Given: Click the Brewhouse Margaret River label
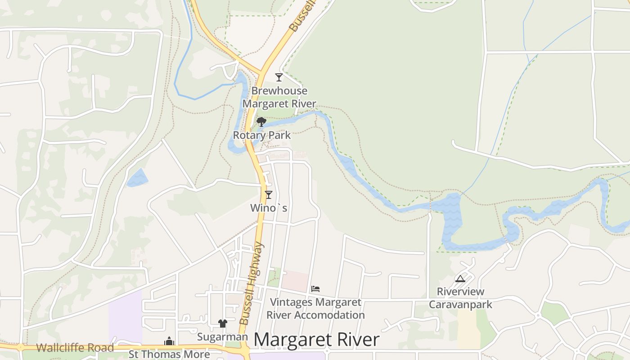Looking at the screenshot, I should coord(279,97).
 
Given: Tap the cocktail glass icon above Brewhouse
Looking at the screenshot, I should coord(279,77).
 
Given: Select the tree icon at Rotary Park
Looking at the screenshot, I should coord(261,121).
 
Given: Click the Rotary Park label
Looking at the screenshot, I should coord(261,135).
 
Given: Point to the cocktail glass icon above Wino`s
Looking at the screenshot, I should coord(269,194).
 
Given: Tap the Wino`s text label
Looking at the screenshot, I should coord(269,208).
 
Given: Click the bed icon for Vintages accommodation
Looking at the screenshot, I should coord(315,288).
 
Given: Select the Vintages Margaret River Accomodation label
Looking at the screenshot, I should coord(315,309).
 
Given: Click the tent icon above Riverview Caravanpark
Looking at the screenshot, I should coord(460,279).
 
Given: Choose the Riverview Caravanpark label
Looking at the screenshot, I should coord(460,298).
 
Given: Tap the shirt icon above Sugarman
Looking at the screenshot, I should coord(223,323).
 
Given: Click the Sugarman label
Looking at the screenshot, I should coord(222,337).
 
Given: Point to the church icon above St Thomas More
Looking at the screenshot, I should coord(169,341).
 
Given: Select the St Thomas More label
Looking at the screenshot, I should coord(169,354).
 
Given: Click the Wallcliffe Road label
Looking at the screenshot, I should coord(75,348).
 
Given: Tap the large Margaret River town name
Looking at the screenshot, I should coord(316,340).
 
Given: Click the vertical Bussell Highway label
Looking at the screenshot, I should coord(251,283).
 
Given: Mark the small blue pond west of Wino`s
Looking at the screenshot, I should coord(137,178).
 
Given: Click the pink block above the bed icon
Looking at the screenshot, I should coord(295,280).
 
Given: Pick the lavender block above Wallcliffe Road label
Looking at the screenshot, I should coord(125,315).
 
